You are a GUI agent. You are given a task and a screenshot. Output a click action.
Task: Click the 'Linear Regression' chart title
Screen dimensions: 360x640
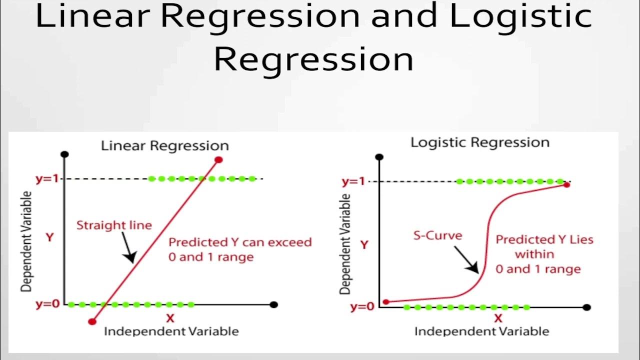click(164, 146)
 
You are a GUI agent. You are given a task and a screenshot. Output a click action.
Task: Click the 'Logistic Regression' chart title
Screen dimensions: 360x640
click(479, 142)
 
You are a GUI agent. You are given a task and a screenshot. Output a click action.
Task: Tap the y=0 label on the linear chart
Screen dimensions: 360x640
click(47, 304)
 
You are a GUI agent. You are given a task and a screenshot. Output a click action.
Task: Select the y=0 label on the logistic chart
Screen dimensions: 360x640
click(362, 307)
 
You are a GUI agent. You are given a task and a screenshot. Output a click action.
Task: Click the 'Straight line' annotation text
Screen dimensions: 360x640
click(114, 225)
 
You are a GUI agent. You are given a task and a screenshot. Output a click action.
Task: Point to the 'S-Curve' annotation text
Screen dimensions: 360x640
click(437, 235)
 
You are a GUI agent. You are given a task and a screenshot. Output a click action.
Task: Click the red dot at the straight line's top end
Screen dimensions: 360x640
click(218, 160)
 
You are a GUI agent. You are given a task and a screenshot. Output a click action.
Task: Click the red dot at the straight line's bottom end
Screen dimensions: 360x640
click(91, 321)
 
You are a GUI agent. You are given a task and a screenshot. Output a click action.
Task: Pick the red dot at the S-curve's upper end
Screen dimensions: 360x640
click(566, 185)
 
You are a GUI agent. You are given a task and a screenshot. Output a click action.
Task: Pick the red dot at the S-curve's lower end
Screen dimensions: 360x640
click(385, 302)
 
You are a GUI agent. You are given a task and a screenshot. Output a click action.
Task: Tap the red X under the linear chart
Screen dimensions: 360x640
click(170, 318)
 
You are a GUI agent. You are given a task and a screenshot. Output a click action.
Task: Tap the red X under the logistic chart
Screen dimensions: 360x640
click(498, 318)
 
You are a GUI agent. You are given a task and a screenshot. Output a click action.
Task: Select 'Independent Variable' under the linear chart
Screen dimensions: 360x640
click(171, 331)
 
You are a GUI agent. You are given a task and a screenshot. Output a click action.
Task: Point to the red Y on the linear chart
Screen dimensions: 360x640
click(49, 237)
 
